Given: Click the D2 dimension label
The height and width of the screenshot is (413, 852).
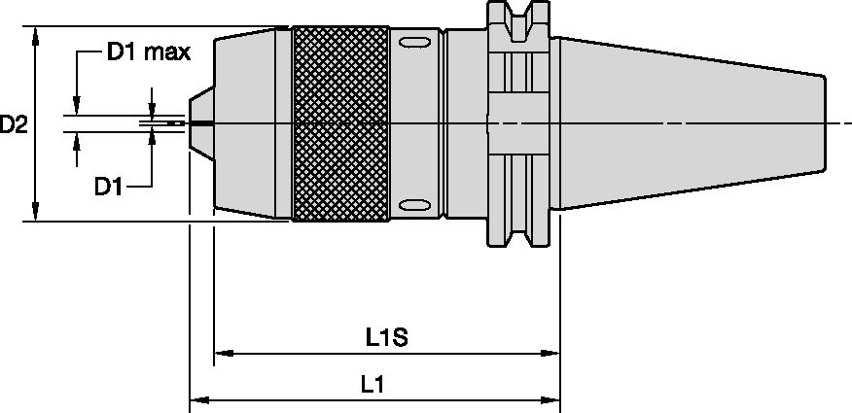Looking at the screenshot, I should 14,124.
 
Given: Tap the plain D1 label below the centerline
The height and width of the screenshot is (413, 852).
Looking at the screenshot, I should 108,186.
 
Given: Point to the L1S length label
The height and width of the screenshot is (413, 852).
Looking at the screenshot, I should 385,336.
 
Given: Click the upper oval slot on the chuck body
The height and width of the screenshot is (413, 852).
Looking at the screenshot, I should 412,43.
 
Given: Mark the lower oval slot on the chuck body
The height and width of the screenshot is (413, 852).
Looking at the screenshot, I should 412,204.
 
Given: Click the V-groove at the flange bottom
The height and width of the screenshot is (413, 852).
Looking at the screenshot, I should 519,237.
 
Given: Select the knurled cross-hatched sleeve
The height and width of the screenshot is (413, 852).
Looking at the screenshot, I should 342,123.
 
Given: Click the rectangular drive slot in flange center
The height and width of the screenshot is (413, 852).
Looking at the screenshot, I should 519,123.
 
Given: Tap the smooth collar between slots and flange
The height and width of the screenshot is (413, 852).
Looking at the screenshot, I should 464,123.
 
